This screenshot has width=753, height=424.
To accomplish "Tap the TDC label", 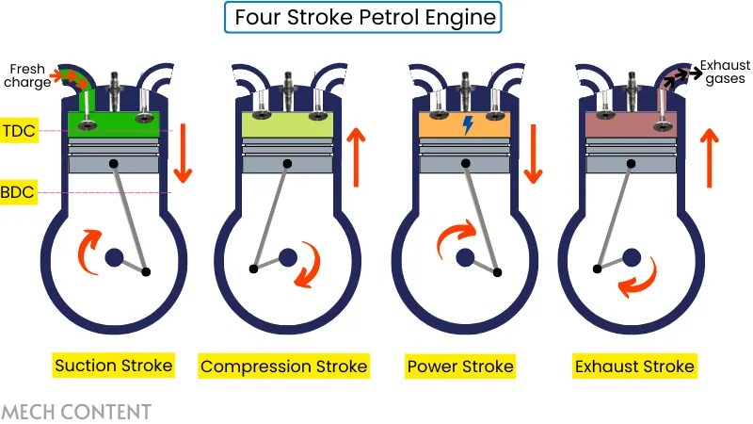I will pyautogui.click(x=21, y=131).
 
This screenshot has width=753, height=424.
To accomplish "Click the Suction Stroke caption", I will pyautogui.click(x=114, y=366).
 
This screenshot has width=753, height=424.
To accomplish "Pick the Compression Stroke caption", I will pyautogui.click(x=284, y=366).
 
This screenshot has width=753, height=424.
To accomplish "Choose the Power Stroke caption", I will pyautogui.click(x=460, y=366).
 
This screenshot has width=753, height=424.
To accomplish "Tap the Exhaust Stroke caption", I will pyautogui.click(x=633, y=366).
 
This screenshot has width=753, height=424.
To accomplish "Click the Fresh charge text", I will pyautogui.click(x=29, y=75).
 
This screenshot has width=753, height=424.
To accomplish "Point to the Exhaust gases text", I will pyautogui.click(x=726, y=73).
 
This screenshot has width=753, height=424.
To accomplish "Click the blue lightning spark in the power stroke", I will pyautogui.click(x=468, y=124).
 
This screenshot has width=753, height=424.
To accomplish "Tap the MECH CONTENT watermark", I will pyautogui.click(x=76, y=411).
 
